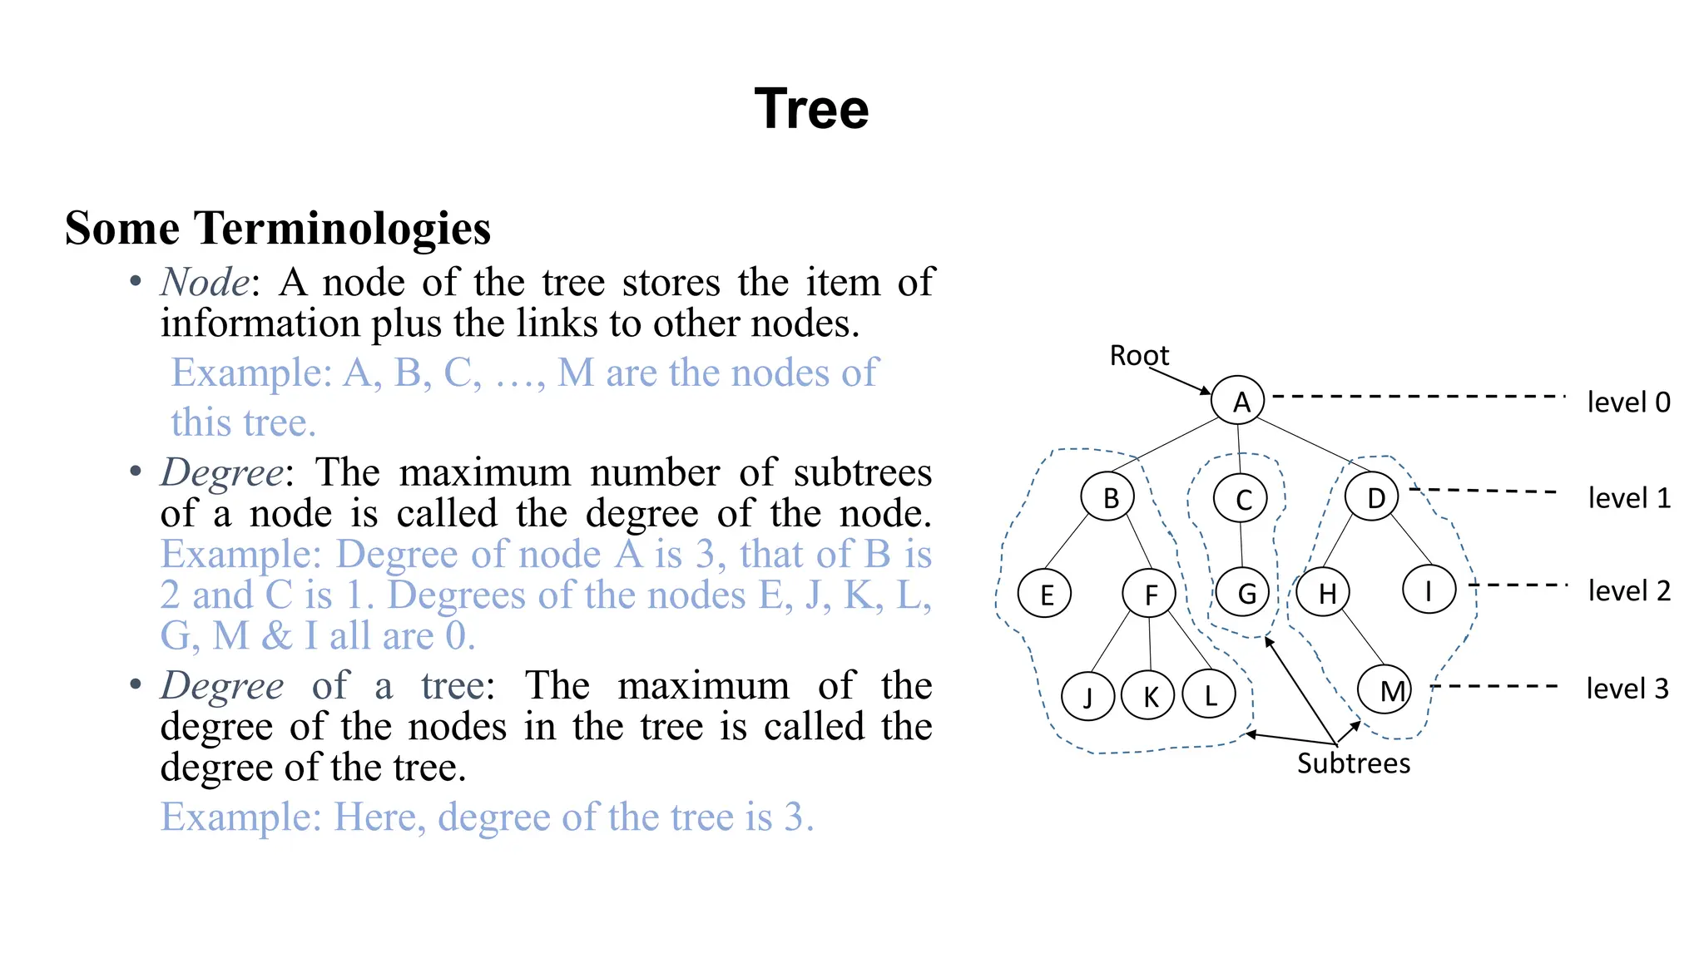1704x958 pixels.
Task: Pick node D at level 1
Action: click(x=1372, y=496)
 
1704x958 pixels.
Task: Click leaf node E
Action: click(x=1045, y=593)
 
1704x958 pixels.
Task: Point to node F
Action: click(x=1149, y=593)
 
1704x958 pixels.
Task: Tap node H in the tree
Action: click(x=1324, y=592)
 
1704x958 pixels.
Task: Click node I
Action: click(x=1429, y=590)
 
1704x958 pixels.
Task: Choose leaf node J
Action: click(x=1087, y=695)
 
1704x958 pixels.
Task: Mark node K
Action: click(x=1148, y=695)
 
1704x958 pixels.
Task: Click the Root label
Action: click(x=1138, y=356)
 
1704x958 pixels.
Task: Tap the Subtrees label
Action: click(x=1353, y=763)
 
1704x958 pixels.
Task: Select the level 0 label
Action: click(x=1628, y=402)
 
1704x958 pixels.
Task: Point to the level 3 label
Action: click(x=1627, y=689)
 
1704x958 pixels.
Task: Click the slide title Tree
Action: click(x=811, y=109)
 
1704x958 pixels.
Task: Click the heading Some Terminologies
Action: click(x=278, y=228)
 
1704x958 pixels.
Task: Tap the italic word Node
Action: click(x=205, y=282)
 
